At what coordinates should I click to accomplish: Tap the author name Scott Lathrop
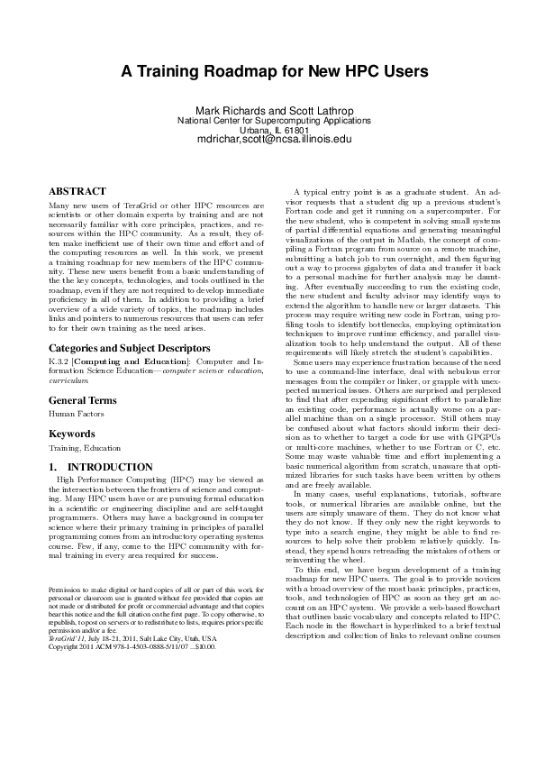(x=322, y=110)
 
